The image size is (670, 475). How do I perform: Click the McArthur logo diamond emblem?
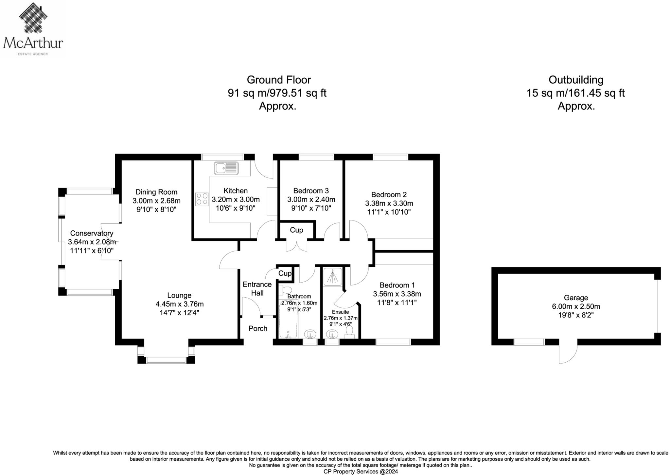point(33,18)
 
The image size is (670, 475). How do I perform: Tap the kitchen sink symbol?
point(226,168)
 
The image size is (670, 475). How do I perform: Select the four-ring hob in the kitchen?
point(202,199)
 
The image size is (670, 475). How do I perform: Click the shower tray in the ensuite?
point(332,276)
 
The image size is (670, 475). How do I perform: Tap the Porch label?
point(258,328)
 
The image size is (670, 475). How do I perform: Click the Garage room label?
point(576,298)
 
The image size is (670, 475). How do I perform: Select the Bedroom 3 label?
point(311,191)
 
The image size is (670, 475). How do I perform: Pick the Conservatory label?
point(92,233)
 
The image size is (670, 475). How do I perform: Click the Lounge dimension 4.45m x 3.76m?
point(180,304)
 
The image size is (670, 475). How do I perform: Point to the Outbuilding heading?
point(576,80)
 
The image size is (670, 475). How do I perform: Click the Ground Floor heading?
point(279,80)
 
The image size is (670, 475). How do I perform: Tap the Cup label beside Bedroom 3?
point(296,230)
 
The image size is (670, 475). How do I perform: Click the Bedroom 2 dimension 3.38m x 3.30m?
point(389,203)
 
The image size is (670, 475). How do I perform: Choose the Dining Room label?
point(156,192)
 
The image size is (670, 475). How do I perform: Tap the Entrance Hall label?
point(257,289)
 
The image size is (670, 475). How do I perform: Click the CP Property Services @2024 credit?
point(361,471)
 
